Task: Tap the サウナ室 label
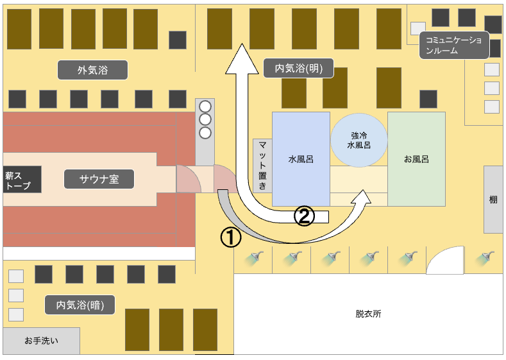99,179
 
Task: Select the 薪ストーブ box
22,179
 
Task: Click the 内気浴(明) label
299,67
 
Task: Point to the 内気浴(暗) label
80,304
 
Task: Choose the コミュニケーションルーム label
453,46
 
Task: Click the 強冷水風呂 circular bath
359,141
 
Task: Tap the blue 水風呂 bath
301,159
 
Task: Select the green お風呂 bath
416,159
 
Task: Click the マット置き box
262,166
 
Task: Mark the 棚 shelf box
493,199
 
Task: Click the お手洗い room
42,341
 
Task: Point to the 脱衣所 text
368,314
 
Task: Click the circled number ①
231,237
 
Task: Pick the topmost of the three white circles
205,107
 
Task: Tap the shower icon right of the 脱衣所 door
485,258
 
